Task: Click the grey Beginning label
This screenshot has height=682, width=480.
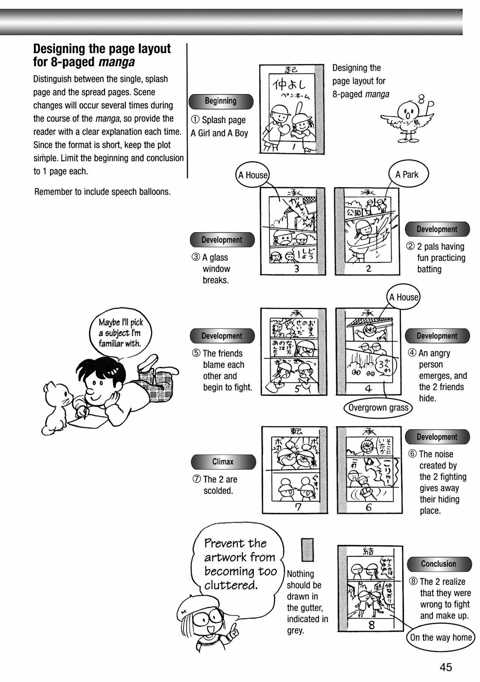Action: point(220,101)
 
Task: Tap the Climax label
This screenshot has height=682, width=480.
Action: point(223,462)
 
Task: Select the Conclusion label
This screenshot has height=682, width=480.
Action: point(439,564)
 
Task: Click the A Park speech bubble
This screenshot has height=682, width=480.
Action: point(407,174)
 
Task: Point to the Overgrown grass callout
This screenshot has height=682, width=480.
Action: point(378,408)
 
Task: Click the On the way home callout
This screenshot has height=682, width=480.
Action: point(441,637)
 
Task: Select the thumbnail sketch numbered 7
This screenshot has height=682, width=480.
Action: point(294,469)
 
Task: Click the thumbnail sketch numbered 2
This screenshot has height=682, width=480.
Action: point(367,231)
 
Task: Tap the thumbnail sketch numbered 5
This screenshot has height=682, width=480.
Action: point(293,351)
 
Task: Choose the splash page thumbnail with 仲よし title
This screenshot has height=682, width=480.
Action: point(291,109)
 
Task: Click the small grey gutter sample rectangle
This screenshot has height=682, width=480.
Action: point(307,550)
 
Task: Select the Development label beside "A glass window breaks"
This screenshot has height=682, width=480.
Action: point(222,240)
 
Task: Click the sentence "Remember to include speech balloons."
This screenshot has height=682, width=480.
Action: point(102,192)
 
